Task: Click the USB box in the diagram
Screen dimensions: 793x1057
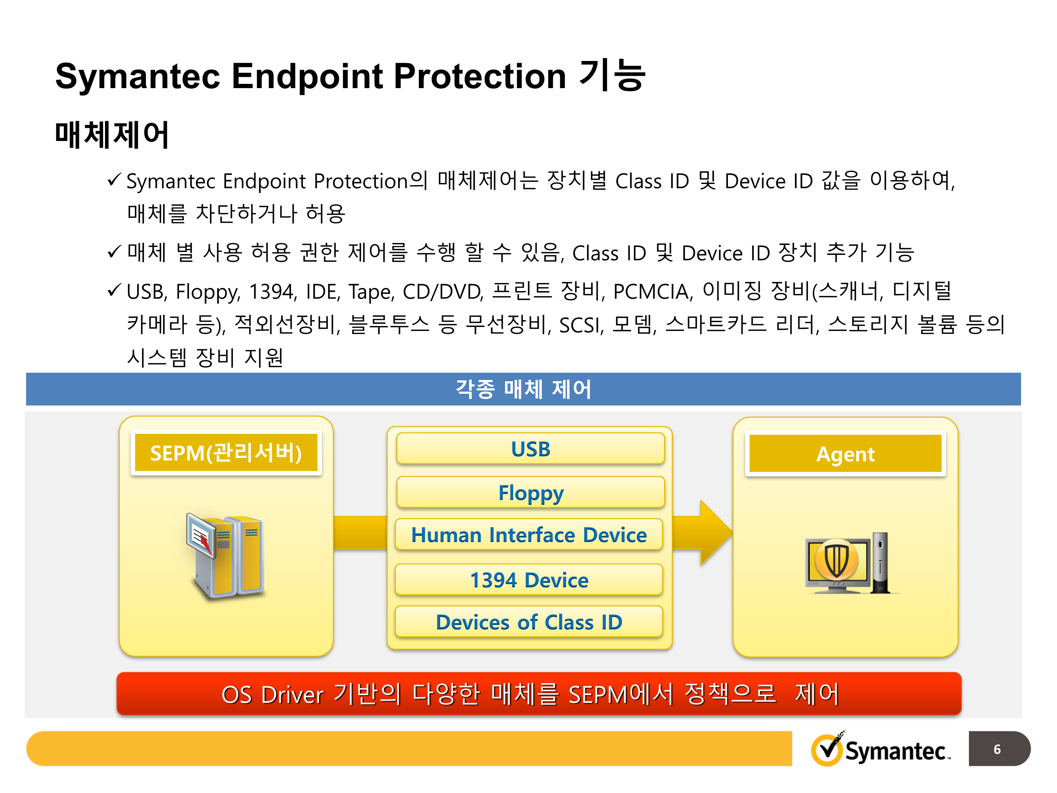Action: tap(530, 449)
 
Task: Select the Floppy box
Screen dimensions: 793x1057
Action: tap(530, 492)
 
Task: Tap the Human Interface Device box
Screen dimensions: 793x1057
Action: tap(528, 534)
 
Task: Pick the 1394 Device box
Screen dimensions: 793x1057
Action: tap(528, 580)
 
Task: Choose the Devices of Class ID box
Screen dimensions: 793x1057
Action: tap(528, 622)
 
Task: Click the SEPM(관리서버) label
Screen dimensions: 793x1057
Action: tap(225, 453)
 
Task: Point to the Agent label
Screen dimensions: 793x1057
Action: tap(845, 454)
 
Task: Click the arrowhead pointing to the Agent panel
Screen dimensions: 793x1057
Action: tap(715, 533)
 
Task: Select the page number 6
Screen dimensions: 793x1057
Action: tap(997, 749)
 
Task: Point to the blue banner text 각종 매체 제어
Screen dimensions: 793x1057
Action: tap(523, 389)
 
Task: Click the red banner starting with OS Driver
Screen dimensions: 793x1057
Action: tap(538, 694)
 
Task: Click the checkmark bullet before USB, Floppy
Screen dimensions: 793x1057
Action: tap(114, 290)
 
